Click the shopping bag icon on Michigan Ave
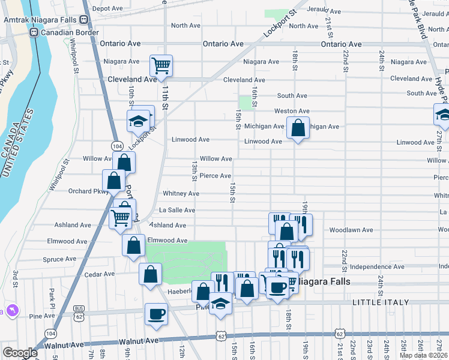[298, 128]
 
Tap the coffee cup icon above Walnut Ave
[156, 314]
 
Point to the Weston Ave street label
[292, 111]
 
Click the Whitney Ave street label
[181, 194]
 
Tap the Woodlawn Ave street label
[351, 230]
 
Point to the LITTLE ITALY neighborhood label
[376, 302]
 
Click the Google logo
[20, 353]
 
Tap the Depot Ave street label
[107, 9]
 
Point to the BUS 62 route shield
[78, 308]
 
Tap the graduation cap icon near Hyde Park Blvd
[442, 114]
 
